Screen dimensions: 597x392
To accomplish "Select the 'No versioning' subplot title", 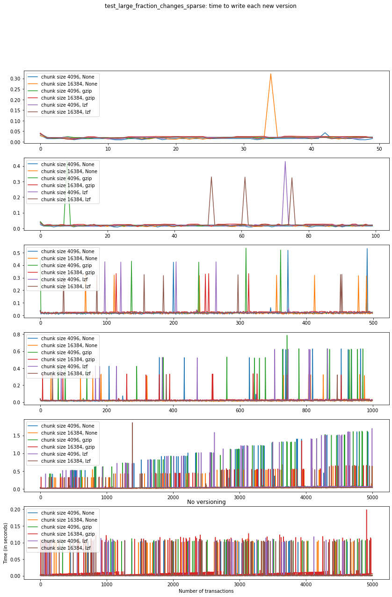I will coord(206,502).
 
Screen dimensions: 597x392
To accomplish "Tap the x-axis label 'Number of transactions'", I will coord(206,591).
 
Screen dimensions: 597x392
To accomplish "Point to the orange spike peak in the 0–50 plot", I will coord(270,74).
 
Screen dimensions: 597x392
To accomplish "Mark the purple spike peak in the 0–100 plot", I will coord(285,162).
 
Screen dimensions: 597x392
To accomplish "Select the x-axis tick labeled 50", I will coord(379,149).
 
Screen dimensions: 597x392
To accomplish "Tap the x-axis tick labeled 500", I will coord(373,323).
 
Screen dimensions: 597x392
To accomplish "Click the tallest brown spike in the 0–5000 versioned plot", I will coord(132,423).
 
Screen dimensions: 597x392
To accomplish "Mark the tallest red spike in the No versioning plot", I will coord(366,510).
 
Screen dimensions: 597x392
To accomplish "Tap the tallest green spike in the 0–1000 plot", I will coord(287,335).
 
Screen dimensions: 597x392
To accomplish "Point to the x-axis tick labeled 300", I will coord(240,323).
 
